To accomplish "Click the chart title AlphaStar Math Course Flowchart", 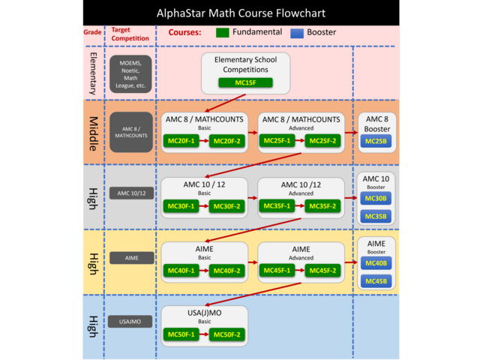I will coord(241,13).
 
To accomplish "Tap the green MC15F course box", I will coord(245,83).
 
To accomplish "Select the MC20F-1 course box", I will coord(181,141).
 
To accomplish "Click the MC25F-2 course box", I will coord(322,141).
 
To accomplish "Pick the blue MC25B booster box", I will coord(376,141).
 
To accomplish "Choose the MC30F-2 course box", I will coord(226,206).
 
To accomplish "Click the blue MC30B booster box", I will coord(376,199).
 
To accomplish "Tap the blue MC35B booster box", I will coord(376,217).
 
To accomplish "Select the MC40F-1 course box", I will coord(181,271).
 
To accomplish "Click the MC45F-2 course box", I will coord(322,271).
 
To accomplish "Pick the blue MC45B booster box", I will coord(376,281).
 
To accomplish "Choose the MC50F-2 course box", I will coord(226,334).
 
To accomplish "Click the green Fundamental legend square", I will coord(222,33).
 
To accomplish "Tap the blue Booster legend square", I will coord(296,33).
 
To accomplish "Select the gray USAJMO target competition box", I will coord(131,322).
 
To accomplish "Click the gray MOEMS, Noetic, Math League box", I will coord(131,73).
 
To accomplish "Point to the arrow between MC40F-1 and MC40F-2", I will coord(203,271).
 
